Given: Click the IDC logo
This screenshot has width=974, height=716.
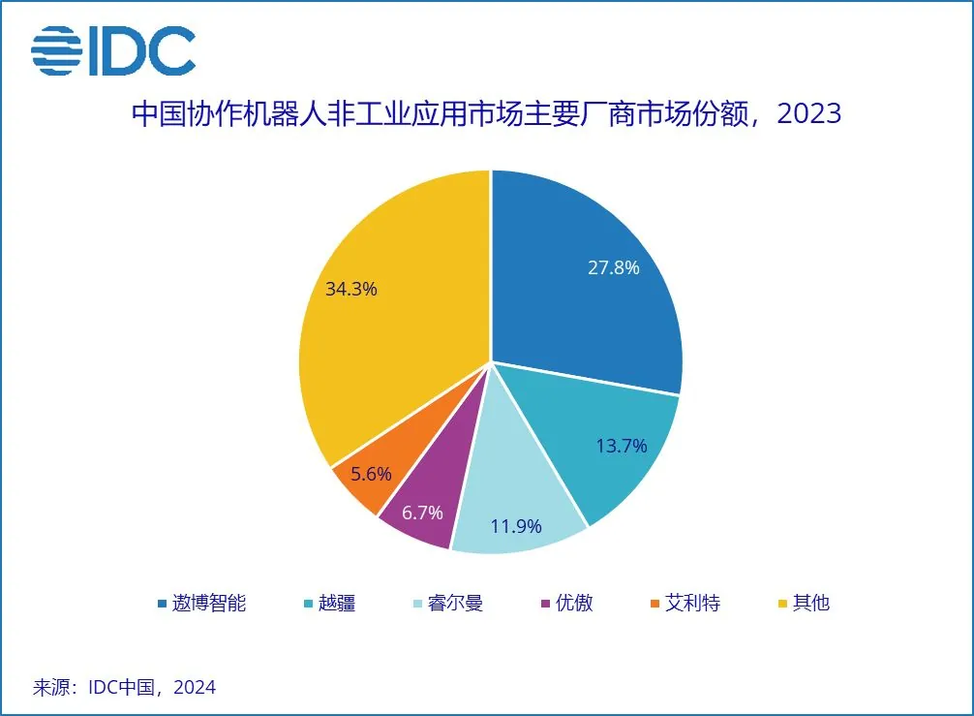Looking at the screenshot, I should pos(114,51).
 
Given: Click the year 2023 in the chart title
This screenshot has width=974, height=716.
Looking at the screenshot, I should pos(809,114).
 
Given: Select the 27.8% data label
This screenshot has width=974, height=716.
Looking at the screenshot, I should pos(613,268).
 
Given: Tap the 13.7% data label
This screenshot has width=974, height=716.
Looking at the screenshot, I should pos(620,446).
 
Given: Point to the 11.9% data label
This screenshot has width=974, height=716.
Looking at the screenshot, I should pos(515,527).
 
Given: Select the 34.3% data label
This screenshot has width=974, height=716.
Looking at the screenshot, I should pos(350,289).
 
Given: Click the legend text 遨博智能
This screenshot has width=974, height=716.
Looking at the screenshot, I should pos(209,603).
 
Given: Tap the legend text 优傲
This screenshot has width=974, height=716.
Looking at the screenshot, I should pos(573,603).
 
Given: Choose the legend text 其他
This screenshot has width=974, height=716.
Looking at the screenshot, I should pos(810,603).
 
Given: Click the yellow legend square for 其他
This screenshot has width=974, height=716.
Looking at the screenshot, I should pos(782,604).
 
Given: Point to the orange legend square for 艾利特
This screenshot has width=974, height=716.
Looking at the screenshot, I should pos(654,604).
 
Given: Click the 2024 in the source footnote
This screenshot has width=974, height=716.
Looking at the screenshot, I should pos(196,688).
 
